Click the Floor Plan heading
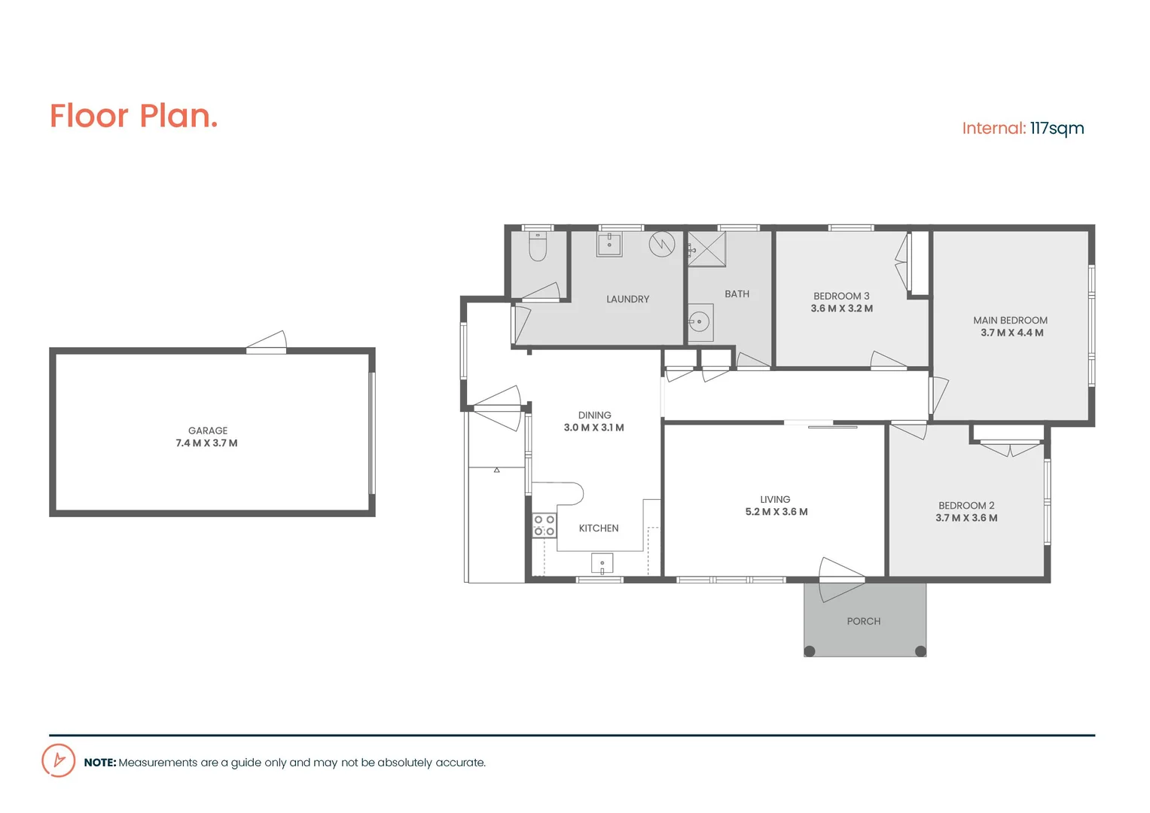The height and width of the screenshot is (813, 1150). (x=133, y=116)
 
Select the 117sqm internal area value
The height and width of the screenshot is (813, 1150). (x=1057, y=129)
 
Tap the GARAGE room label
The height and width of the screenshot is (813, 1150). (x=208, y=431)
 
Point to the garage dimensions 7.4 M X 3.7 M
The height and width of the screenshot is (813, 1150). (x=206, y=443)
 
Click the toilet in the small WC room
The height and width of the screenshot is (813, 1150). (x=537, y=246)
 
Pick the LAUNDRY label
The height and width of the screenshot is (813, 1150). (x=627, y=299)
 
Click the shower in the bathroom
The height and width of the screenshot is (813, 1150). (x=707, y=249)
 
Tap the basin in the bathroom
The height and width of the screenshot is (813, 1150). (x=700, y=322)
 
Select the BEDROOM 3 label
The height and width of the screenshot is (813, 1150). (x=841, y=296)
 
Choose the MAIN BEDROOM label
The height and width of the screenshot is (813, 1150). (x=1010, y=320)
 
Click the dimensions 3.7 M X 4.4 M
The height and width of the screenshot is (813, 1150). (x=1011, y=333)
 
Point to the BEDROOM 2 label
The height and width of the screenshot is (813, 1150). (x=966, y=505)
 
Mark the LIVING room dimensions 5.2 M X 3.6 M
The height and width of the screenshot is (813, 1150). (x=776, y=512)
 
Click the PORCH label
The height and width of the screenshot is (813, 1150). (x=863, y=621)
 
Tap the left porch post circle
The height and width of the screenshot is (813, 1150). (x=810, y=651)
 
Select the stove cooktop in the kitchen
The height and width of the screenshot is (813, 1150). (x=544, y=525)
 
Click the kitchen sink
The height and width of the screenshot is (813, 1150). (x=602, y=563)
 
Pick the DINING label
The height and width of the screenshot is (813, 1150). (x=594, y=415)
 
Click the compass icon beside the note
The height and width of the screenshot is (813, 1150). (x=59, y=760)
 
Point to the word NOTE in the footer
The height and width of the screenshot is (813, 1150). (x=100, y=763)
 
